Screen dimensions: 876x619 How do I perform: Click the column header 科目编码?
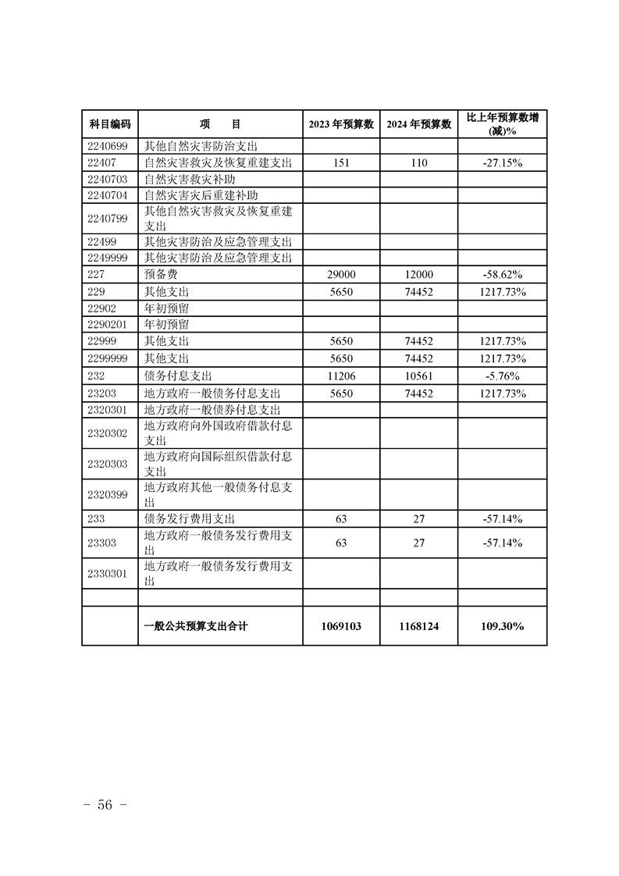point(109,124)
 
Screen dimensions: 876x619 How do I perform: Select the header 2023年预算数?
point(340,124)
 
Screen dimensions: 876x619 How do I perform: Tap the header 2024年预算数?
point(418,124)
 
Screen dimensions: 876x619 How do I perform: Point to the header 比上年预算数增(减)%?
point(502,124)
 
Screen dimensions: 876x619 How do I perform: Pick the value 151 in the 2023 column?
point(340,162)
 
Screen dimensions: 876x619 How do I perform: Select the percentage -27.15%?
point(502,162)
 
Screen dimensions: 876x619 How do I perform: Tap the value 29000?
point(340,275)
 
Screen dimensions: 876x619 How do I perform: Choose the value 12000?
point(418,275)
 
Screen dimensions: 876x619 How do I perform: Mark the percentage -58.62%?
point(502,275)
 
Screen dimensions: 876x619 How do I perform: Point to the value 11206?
point(340,375)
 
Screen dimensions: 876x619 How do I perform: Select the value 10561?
point(418,375)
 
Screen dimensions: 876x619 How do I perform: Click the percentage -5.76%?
point(502,375)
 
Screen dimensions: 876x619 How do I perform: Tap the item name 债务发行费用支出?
point(190,518)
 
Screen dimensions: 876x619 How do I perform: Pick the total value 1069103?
point(340,625)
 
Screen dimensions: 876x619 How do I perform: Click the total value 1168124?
point(418,625)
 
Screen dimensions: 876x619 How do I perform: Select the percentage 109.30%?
point(502,625)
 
